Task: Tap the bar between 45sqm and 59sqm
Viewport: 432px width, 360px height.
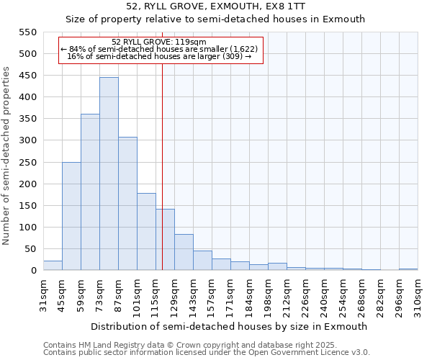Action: [x=71, y=216]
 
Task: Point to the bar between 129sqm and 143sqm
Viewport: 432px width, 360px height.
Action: [x=184, y=252]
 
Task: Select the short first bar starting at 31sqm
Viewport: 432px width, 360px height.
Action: [x=53, y=266]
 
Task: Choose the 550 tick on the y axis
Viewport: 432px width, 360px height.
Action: [x=27, y=32]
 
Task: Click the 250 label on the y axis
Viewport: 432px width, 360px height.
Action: [x=27, y=163]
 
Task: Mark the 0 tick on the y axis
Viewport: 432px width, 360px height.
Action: [x=33, y=271]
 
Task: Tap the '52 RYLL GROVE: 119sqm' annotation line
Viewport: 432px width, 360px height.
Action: [x=160, y=42]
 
